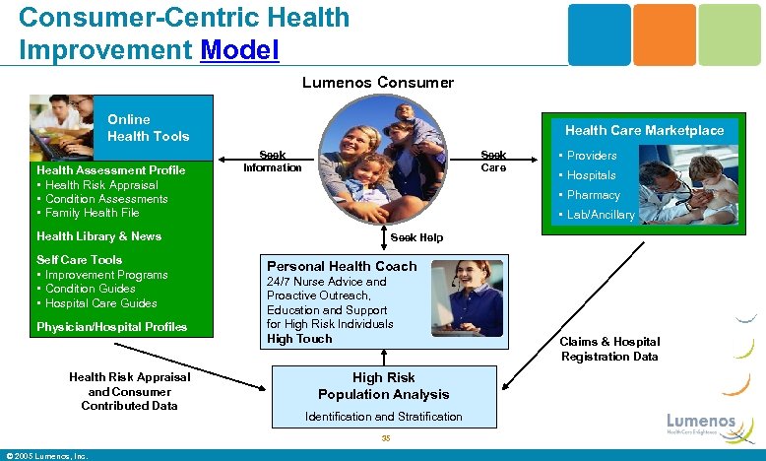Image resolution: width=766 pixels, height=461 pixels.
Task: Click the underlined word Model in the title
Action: point(239,48)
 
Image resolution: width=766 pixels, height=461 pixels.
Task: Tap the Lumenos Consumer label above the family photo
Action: point(378,83)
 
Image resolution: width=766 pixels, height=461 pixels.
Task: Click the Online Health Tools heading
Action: point(148,128)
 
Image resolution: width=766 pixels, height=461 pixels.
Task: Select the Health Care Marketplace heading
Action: point(644,130)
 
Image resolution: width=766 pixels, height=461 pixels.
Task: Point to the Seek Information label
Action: point(273,162)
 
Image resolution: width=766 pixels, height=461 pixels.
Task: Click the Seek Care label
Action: point(493,162)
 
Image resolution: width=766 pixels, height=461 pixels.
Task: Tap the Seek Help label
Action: point(416,237)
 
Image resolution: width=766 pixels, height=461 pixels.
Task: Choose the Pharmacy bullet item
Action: point(593,195)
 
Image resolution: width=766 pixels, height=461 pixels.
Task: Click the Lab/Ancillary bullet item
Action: point(600,215)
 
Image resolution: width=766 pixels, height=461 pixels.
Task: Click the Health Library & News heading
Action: point(98,236)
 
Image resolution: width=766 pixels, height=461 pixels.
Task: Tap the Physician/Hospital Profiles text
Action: point(111,327)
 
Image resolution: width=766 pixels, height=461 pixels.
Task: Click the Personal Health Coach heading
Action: point(342,266)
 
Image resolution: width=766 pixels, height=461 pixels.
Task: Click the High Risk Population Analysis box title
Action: point(383,386)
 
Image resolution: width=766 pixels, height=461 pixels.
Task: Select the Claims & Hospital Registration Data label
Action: point(609,349)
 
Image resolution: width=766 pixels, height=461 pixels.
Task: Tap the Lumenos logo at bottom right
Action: point(700,423)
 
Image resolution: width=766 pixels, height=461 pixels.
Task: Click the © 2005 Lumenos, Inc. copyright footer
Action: point(47,455)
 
